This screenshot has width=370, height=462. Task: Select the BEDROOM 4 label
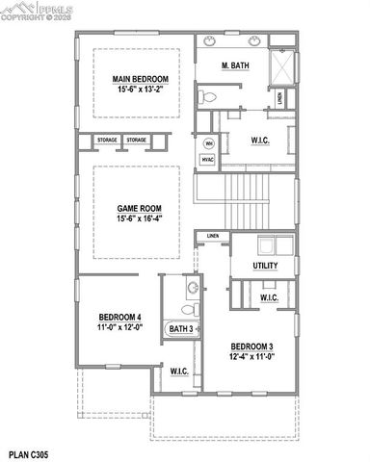point(120,318)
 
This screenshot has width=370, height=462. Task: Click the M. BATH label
point(236,64)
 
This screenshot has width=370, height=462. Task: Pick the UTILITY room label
point(266,266)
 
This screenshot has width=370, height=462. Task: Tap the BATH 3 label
point(181,329)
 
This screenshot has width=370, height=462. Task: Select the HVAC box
point(208,160)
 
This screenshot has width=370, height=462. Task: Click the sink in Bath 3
point(192,287)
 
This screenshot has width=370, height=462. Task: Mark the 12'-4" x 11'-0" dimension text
point(251,357)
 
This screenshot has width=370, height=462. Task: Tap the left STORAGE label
point(106,141)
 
